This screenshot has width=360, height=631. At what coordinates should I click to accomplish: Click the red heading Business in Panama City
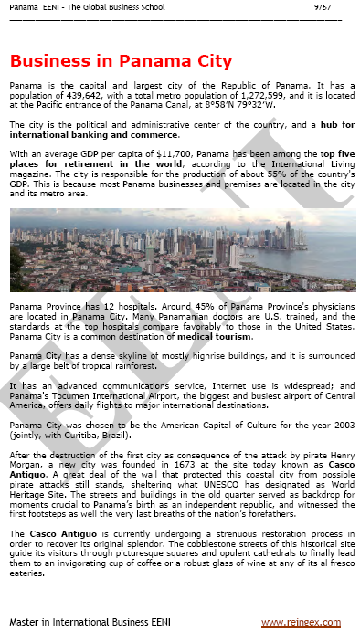pyautogui.click(x=121, y=61)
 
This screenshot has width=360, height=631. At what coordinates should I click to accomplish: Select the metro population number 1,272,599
pyautogui.click(x=238, y=93)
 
